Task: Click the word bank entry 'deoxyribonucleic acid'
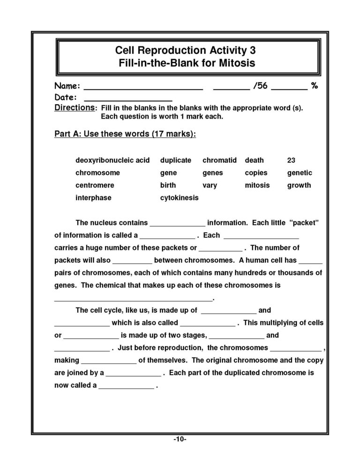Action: point(112,160)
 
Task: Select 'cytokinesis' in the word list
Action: point(179,198)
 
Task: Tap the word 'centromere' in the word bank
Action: point(95,185)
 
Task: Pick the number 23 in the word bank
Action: point(291,160)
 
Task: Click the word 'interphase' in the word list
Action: point(93,198)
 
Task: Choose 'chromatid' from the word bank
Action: point(219,160)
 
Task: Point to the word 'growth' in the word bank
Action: point(299,185)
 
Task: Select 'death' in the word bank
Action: point(254,160)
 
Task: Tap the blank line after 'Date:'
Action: point(128,99)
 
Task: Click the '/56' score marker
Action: point(260,86)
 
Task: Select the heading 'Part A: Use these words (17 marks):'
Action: point(125,134)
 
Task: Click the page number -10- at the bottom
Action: point(180,439)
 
